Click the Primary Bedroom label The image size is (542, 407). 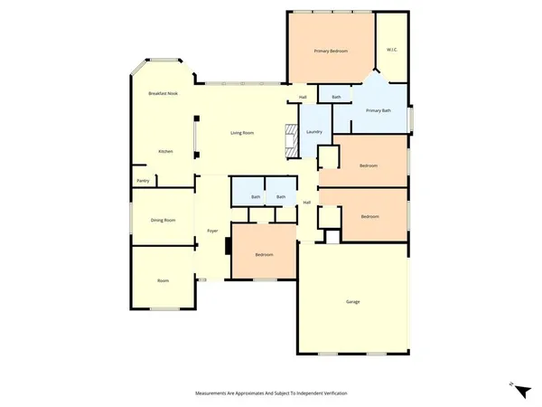[331, 51]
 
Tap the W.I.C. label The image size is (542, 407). [391, 49]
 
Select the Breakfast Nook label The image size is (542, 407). [164, 93]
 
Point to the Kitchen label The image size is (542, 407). [165, 151]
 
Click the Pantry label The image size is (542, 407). [143, 181]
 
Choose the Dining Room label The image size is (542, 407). [163, 220]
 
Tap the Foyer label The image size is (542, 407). [212, 232]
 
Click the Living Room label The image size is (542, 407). [241, 133]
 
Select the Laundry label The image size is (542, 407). [314, 133]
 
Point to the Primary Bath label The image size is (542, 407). [378, 110]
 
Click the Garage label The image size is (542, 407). [352, 301]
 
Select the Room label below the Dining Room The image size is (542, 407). [164, 281]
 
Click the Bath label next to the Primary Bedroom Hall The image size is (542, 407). [336, 97]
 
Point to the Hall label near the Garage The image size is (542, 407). [307, 203]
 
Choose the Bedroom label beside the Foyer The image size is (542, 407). [264, 255]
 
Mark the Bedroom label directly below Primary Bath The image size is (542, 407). [369, 166]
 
